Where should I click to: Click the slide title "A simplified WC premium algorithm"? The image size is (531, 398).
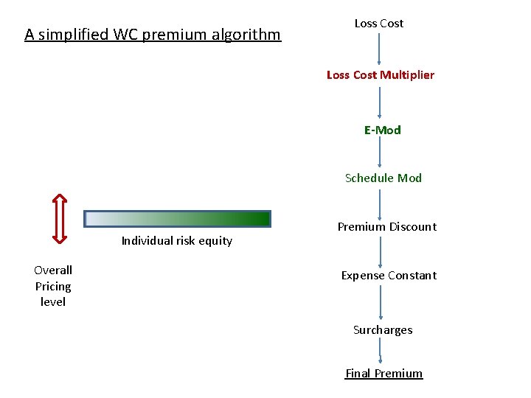tap(153, 35)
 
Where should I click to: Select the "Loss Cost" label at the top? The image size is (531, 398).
tap(379, 24)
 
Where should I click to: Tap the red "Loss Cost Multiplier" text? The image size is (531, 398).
tap(381, 74)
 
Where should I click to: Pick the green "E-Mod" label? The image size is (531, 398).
tap(382, 130)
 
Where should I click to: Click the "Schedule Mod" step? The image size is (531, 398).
tap(383, 178)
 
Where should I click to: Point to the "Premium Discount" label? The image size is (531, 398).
tap(387, 227)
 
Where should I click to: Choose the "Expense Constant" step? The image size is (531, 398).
tap(389, 276)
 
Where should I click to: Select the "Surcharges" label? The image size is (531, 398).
tap(383, 330)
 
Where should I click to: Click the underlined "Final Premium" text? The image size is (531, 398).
tap(384, 374)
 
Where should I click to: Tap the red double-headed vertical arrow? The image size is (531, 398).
tap(60, 218)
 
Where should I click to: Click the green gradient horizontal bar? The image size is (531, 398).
tap(178, 218)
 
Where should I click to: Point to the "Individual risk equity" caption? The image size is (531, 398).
tap(177, 240)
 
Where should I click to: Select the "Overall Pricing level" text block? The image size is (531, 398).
tap(53, 286)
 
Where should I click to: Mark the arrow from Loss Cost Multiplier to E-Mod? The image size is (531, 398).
tap(380, 102)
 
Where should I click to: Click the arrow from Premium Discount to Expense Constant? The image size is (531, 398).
tap(380, 251)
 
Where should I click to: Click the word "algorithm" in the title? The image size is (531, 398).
tap(246, 35)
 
